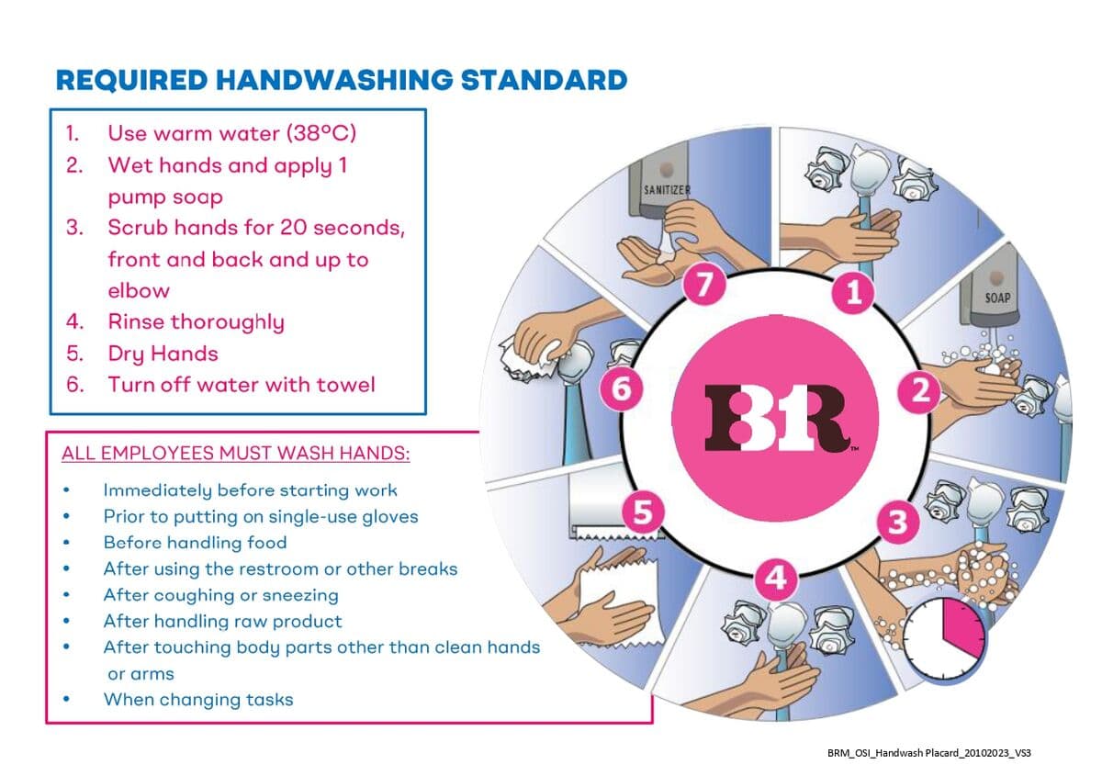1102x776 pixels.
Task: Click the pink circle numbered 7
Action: click(x=704, y=285)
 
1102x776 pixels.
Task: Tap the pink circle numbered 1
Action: click(x=852, y=292)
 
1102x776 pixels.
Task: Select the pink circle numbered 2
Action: click(x=920, y=392)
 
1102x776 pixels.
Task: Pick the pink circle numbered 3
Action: click(x=898, y=522)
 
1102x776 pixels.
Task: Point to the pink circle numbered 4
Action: click(x=776, y=579)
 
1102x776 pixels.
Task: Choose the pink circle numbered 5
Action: click(x=643, y=512)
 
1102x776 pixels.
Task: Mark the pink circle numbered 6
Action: click(x=622, y=388)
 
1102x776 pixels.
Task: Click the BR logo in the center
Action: click(x=775, y=417)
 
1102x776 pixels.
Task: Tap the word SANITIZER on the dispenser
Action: click(x=667, y=189)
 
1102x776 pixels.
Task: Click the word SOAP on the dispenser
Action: click(x=997, y=298)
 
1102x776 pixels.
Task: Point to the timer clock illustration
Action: click(x=945, y=640)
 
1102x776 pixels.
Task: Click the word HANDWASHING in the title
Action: click(x=334, y=80)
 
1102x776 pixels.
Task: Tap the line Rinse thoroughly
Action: click(x=197, y=322)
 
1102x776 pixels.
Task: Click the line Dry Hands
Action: click(x=163, y=354)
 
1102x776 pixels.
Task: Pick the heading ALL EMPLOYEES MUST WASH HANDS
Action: click(x=236, y=453)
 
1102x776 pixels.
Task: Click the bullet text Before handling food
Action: click(x=195, y=542)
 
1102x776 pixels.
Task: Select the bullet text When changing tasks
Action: click(x=198, y=699)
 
